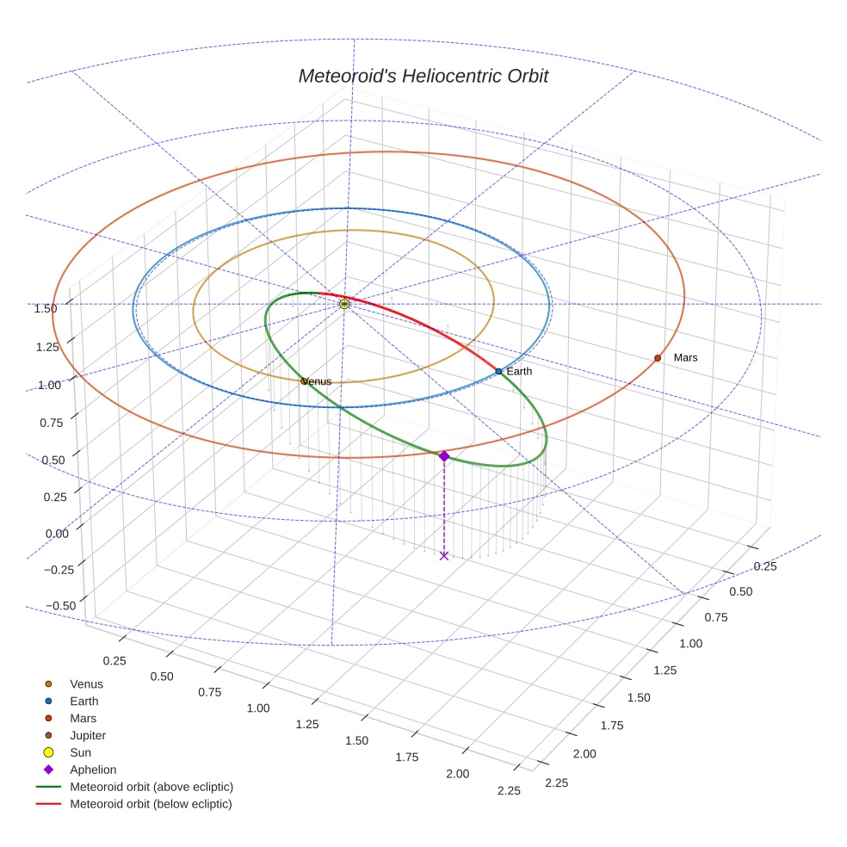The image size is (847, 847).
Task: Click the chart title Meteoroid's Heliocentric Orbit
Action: (423, 76)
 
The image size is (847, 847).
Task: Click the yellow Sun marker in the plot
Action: (344, 304)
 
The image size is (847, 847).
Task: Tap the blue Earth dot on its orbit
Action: (498, 371)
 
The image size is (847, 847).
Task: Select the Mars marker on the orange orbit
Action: (658, 357)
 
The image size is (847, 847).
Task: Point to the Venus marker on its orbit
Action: (303, 380)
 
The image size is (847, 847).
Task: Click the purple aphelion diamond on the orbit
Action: (443, 455)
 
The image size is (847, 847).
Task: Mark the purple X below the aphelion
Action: (443, 555)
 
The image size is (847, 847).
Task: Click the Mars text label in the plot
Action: (686, 357)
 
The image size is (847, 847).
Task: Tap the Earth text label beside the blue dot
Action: (519, 371)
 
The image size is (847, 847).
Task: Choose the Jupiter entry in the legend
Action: (87, 735)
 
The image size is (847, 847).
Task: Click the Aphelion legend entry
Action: (92, 770)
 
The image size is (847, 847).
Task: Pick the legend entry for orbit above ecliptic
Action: (151, 787)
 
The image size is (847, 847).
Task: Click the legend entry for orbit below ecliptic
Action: (151, 804)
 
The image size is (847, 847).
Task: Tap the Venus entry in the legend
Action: (86, 683)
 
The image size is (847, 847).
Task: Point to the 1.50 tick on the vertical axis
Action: (45, 308)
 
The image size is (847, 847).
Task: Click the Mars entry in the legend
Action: (83, 718)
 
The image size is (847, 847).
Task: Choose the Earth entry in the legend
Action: (83, 701)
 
